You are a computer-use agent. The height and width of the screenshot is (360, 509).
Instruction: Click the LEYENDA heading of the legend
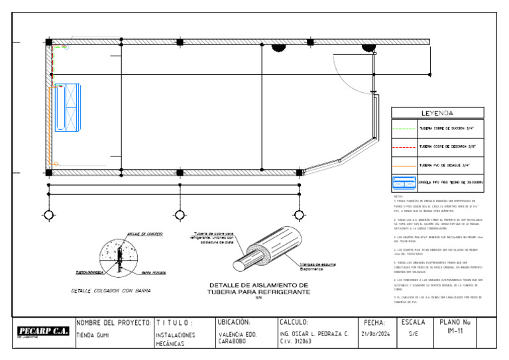437,113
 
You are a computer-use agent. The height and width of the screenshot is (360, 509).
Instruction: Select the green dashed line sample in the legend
404,129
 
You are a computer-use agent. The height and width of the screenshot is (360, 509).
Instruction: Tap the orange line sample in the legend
404,166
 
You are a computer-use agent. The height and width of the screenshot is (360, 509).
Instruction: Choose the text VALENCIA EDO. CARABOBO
237,338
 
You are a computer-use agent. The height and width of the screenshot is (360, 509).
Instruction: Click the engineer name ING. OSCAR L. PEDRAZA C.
314,334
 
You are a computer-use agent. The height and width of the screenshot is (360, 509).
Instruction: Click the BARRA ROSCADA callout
154,272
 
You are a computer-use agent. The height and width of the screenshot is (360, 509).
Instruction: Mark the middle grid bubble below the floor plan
180,215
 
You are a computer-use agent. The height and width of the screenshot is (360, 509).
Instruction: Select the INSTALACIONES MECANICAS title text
175,339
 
